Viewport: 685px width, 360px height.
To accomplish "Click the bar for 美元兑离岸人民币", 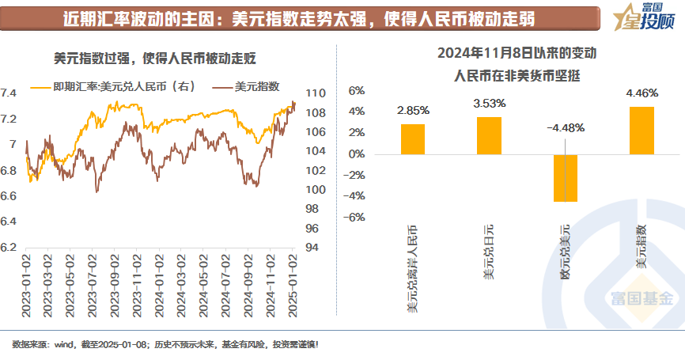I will [413, 139].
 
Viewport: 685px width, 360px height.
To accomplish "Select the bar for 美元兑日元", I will [489, 135].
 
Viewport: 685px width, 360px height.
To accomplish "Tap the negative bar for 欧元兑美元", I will [566, 178].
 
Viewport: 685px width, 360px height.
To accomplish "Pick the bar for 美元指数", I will [641, 131].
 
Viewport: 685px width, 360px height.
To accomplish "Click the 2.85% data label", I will [413, 111].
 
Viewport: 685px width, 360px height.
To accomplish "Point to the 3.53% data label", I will [489, 103].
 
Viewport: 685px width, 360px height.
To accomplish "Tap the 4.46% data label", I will [641, 93].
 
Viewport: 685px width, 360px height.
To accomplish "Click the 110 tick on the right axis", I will [315, 93].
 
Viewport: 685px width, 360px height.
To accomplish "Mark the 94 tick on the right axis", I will [315, 248].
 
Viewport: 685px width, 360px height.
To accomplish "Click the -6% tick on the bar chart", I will [354, 217].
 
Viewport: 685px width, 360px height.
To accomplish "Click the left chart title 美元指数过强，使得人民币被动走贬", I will [154, 58].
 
